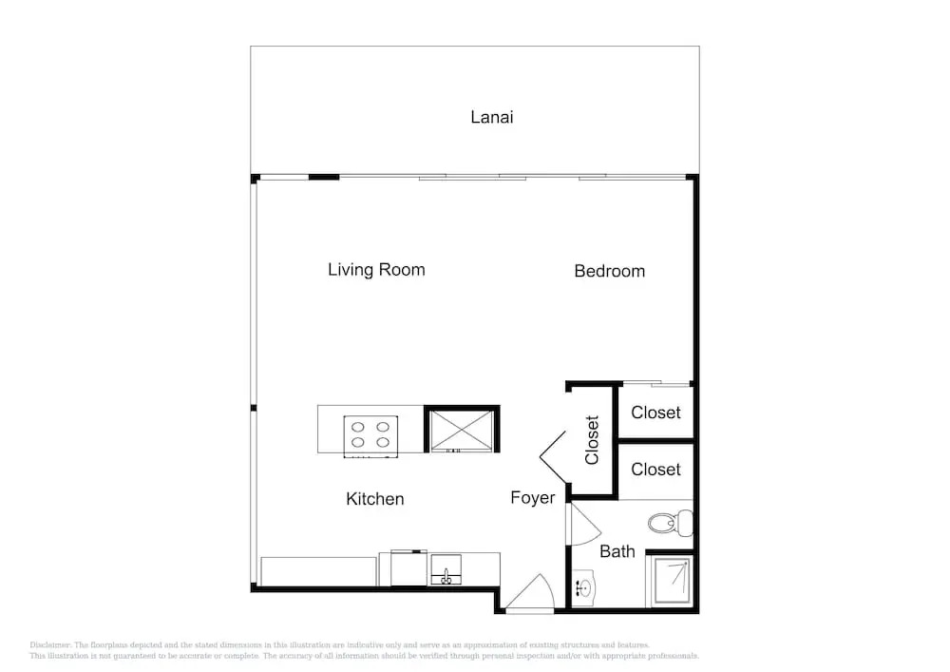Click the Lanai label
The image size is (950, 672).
pyautogui.click(x=491, y=117)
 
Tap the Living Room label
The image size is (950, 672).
pyautogui.click(x=376, y=270)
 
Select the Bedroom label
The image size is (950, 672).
pyautogui.click(x=610, y=271)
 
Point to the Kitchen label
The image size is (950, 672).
pyautogui.click(x=374, y=499)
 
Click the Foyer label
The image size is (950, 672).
pyautogui.click(x=533, y=497)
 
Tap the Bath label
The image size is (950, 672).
pyautogui.click(x=617, y=551)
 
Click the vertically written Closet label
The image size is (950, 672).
pyautogui.click(x=592, y=440)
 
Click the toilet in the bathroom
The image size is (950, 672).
pyautogui.click(x=670, y=523)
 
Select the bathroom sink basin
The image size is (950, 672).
pyautogui.click(x=584, y=587)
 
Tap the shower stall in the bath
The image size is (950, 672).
pyautogui.click(x=672, y=581)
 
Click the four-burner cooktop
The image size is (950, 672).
pyautogui.click(x=370, y=435)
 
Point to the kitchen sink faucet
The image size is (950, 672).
pyautogui.click(x=446, y=577)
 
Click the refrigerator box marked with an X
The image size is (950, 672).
pyautogui.click(x=462, y=430)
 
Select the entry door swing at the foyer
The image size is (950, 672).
pyautogui.click(x=531, y=592)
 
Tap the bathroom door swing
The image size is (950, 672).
pyautogui.click(x=583, y=525)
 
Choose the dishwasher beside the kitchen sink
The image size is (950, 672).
pyautogui.click(x=408, y=568)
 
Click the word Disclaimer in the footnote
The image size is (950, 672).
pyautogui.click(x=49, y=645)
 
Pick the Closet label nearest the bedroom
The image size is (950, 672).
pyautogui.click(x=655, y=413)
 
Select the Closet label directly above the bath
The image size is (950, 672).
pyautogui.click(x=655, y=470)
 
